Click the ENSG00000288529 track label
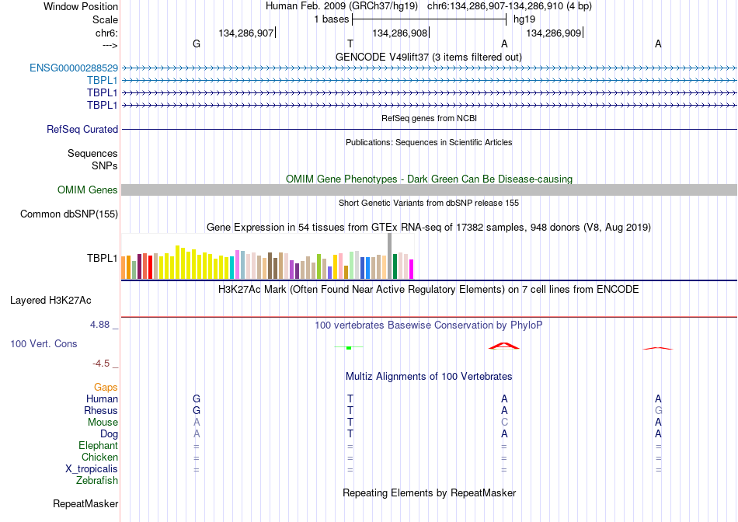point(74,68)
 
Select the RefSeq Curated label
point(82,129)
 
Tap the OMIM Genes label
point(88,190)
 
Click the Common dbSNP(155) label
point(69,214)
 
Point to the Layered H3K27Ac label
point(50,301)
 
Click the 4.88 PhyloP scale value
point(99,325)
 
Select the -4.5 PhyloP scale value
point(101,364)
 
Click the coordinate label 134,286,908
point(399,33)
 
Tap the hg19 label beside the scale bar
point(524,19)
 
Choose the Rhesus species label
point(101,410)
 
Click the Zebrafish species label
point(97,481)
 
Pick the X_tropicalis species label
point(92,469)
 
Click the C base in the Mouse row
point(504,423)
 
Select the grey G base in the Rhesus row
point(658,410)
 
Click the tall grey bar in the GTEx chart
point(389,256)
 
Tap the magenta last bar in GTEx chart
point(412,270)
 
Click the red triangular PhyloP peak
point(504,346)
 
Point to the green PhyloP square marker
point(349,348)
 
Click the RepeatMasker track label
point(85,503)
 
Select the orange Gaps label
point(106,387)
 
